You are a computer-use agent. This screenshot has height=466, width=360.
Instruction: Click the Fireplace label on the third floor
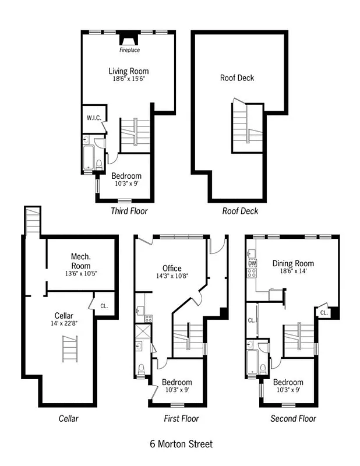coord(130,50)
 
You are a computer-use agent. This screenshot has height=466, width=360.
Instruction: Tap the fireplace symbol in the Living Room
coord(129,40)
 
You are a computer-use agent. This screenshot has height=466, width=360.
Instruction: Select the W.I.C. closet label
coord(94,118)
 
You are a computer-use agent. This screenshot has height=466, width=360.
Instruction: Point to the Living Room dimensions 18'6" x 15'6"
coord(128,79)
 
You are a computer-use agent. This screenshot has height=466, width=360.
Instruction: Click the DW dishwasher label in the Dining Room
coord(252,263)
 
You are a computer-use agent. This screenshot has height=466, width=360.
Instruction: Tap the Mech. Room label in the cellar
coord(81,261)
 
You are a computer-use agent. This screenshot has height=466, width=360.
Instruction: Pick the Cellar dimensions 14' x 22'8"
coord(64,323)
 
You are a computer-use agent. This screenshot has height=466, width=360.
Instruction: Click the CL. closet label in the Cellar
coord(104,306)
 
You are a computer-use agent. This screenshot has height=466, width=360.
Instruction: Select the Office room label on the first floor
coord(172,268)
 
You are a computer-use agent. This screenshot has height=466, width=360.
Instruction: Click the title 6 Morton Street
coord(181,444)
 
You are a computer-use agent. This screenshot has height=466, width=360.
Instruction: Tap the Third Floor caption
coord(129,211)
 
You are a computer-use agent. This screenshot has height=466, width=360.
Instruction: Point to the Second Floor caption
coord(293,419)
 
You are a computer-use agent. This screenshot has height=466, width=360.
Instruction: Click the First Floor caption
coord(181,419)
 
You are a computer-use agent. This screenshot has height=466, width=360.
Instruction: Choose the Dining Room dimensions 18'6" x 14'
coord(293,271)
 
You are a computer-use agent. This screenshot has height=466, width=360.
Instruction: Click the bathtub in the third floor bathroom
coord(89,157)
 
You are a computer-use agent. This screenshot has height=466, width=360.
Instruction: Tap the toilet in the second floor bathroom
coord(263,369)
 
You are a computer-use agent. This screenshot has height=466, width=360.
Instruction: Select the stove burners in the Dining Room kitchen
coord(252,273)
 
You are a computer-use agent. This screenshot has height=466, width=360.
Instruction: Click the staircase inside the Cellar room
coord(70,348)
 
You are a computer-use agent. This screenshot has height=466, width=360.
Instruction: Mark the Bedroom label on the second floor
coord(288,382)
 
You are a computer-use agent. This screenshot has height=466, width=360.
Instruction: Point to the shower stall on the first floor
coord(143,331)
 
